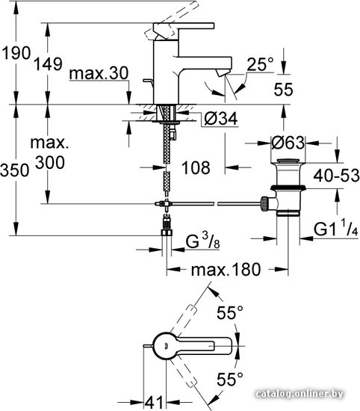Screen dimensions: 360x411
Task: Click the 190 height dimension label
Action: [16, 53]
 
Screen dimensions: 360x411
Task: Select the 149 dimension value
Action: [49, 64]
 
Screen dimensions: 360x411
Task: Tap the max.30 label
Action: [99, 73]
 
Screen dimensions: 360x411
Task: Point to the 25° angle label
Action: [260, 64]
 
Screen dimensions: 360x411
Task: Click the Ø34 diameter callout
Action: [221, 119]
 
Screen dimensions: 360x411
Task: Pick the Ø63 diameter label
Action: [288, 143]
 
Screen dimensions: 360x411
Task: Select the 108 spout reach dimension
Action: [196, 167]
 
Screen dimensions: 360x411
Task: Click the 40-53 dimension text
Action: [336, 175]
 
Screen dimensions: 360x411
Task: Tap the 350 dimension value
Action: [15, 170]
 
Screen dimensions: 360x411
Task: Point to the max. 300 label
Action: [50, 152]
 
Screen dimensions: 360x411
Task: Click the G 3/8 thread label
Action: [202, 241]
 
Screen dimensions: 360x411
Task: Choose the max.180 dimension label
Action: [226, 270]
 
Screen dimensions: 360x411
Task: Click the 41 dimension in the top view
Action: [154, 402]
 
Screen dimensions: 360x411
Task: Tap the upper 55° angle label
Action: [230, 312]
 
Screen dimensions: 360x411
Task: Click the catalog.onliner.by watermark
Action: [300, 393]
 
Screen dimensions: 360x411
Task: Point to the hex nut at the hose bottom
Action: [167, 232]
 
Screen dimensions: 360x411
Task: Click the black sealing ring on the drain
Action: [288, 188]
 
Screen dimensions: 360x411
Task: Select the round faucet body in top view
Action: [166, 346]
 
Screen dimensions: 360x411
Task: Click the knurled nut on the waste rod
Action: [264, 204]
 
